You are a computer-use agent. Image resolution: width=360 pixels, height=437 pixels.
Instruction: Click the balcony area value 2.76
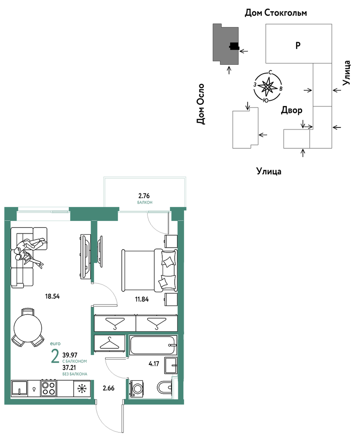pyautogui.click(x=144, y=196)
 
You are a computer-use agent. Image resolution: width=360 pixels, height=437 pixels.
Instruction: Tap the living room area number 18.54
pyautogui.click(x=53, y=296)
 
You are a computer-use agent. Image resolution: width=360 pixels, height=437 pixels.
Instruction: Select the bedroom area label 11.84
pyautogui.click(x=142, y=299)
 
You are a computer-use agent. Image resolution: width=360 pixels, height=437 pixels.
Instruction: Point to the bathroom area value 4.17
pyautogui.click(x=154, y=363)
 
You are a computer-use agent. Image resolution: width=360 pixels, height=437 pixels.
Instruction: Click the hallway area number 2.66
pyautogui.click(x=109, y=388)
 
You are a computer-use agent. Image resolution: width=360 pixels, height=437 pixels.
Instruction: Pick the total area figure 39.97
pyautogui.click(x=70, y=355)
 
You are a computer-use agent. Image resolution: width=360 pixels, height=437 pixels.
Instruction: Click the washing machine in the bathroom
pyautogui.click(x=137, y=388)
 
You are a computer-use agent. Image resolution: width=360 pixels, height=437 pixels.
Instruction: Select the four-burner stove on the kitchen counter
pyautogui.click(x=49, y=388)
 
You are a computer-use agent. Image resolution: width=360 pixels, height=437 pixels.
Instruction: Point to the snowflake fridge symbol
pyautogui.click(x=82, y=388)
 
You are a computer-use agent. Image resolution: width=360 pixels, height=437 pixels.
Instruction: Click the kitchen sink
pyautogui.click(x=19, y=388)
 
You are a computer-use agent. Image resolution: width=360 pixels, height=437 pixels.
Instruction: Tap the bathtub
pyautogui.click(x=153, y=345)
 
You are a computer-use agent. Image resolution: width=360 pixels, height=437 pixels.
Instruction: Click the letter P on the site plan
pyautogui.click(x=298, y=45)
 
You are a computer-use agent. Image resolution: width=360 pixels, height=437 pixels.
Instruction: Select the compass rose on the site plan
pyautogui.click(x=267, y=87)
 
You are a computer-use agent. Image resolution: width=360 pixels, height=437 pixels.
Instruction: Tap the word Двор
pyautogui.click(x=292, y=110)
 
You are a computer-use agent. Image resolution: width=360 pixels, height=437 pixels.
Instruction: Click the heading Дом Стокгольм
pyautogui.click(x=275, y=13)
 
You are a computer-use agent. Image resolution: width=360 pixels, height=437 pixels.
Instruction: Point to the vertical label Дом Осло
pyautogui.click(x=200, y=104)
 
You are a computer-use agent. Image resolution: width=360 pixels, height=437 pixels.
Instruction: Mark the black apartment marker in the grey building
pyautogui.click(x=234, y=46)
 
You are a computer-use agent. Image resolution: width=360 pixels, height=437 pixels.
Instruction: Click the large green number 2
pyautogui.click(x=55, y=356)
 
